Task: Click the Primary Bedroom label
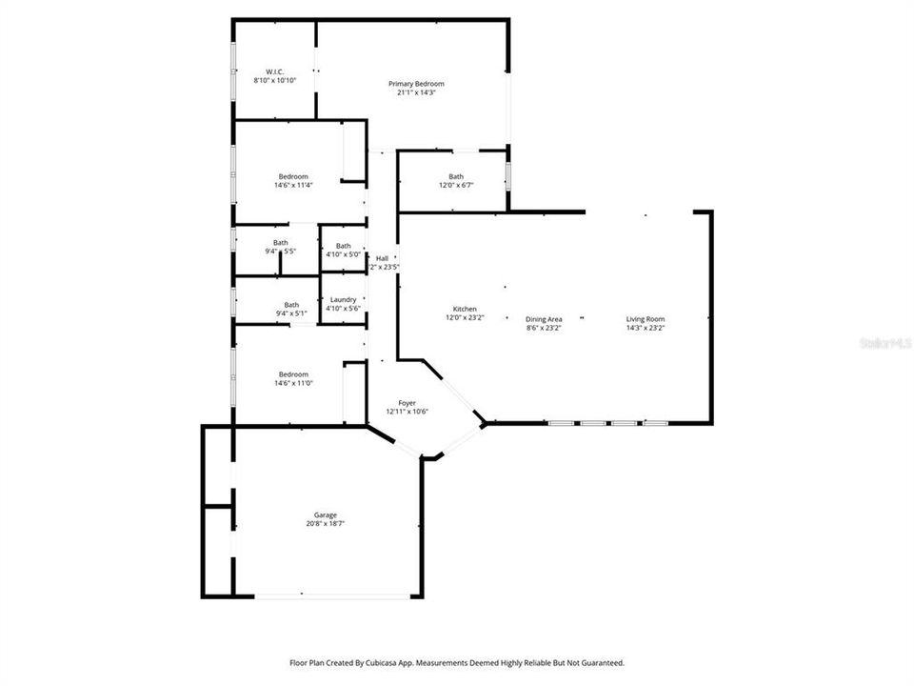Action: click(416, 84)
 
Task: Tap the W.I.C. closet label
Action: click(275, 72)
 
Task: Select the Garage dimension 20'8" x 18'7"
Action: click(325, 524)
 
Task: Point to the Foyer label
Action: click(407, 403)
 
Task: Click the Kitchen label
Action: click(465, 309)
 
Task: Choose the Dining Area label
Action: click(544, 319)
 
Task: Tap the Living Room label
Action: click(645, 319)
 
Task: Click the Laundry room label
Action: click(343, 299)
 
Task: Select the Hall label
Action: click(382, 258)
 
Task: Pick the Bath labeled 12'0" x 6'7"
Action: click(456, 176)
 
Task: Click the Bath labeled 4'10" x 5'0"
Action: click(343, 246)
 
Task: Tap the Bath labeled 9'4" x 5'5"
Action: click(281, 243)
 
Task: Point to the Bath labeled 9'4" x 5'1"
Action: click(291, 305)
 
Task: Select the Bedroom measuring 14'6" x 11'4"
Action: click(293, 176)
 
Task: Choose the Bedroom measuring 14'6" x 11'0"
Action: click(293, 374)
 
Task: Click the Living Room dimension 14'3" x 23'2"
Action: click(645, 328)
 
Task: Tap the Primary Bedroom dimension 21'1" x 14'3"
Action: click(416, 92)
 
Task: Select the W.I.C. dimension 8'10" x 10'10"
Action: click(275, 81)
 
